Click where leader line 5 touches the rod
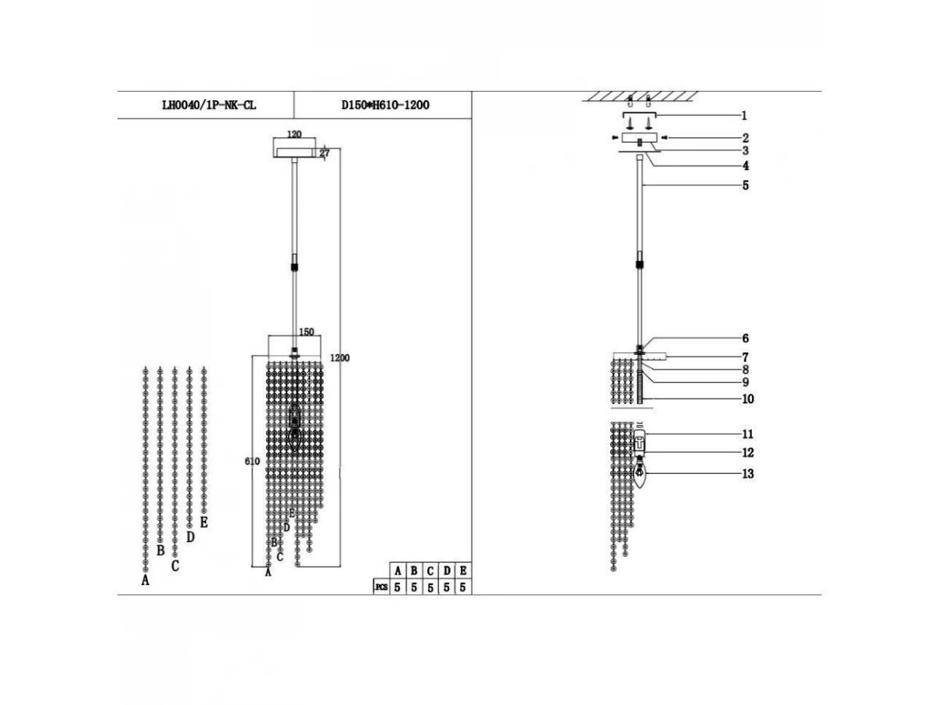(642, 185)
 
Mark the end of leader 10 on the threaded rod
(642, 399)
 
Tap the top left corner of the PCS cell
(373, 579)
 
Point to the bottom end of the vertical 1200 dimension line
(340, 566)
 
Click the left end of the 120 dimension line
(274, 139)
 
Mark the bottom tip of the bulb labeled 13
(639, 488)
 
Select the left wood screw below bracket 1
(630, 124)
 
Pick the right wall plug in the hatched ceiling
(649, 102)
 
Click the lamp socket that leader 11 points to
(639, 441)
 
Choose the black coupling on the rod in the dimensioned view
(294, 266)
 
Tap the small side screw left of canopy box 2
(615, 137)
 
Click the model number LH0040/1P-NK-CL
(209, 105)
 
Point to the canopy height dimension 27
(325, 153)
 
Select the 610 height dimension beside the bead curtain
(252, 461)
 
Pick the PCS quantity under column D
(447, 587)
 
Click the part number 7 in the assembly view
(745, 357)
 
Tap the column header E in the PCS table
(463, 570)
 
